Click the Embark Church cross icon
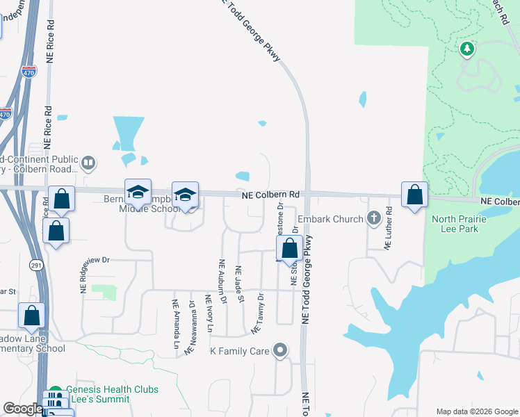click(x=375, y=219)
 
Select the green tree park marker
click(x=468, y=49)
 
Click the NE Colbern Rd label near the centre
click(x=270, y=196)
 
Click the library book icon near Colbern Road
click(x=88, y=164)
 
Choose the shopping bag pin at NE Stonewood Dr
click(x=289, y=248)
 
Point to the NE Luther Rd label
click(x=389, y=228)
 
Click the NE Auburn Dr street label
click(x=222, y=282)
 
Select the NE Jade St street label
click(x=241, y=284)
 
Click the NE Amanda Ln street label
click(x=174, y=323)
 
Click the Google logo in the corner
click(x=23, y=409)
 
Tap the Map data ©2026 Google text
click(x=477, y=411)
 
